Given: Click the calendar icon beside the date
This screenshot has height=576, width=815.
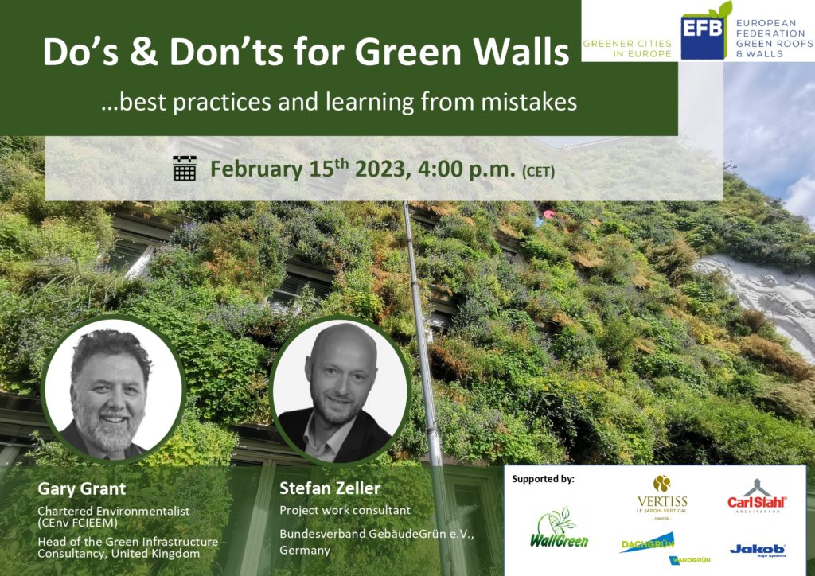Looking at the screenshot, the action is tap(185, 168).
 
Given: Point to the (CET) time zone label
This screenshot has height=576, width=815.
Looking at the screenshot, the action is tap(539, 171).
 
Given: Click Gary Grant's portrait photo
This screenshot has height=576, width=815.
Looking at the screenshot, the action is tap(113, 390).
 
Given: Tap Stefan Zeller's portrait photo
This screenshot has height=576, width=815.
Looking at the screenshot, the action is tap(340, 390).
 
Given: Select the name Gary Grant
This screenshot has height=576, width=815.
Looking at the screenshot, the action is tap(82, 488).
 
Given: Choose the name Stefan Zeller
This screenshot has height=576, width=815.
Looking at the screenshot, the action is tap(330, 488).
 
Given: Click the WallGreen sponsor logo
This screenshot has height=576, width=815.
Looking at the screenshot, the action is tap(559, 529).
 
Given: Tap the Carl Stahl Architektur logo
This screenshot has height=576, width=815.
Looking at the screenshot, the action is tap(757, 496).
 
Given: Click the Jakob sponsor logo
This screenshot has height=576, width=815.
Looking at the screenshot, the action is tap(758, 550).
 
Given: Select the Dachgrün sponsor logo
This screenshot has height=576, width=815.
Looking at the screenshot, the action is tap(648, 543).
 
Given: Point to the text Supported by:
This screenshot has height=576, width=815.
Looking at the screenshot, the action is tap(543, 479).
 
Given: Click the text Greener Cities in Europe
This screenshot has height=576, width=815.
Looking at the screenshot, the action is tap(627, 49).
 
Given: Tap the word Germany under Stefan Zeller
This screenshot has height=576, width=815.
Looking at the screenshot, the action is tap(305, 551).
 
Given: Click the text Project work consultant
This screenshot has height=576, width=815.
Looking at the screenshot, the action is tap(345, 510).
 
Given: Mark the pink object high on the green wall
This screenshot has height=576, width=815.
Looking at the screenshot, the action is tap(549, 213).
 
